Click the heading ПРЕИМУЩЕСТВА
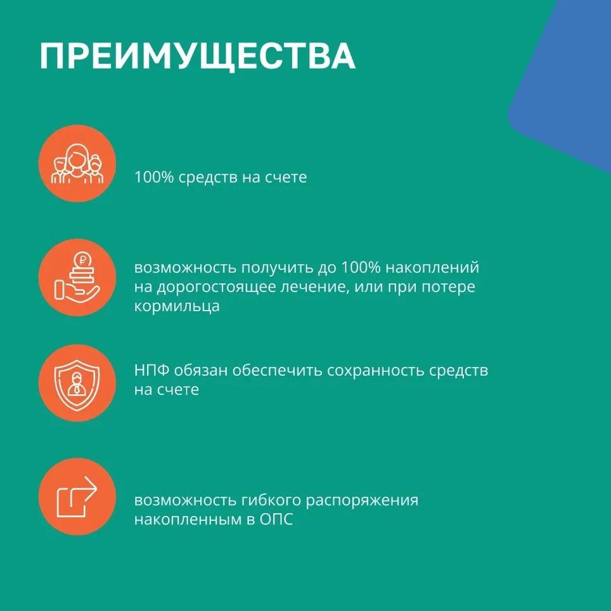click(x=197, y=57)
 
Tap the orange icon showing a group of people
click(x=77, y=164)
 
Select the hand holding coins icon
click(x=77, y=277)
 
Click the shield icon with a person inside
click(x=77, y=383)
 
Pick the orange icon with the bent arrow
click(x=77, y=496)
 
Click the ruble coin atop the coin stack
click(x=82, y=259)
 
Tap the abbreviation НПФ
click(x=151, y=370)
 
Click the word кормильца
click(x=177, y=306)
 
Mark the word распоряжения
click(x=362, y=501)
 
